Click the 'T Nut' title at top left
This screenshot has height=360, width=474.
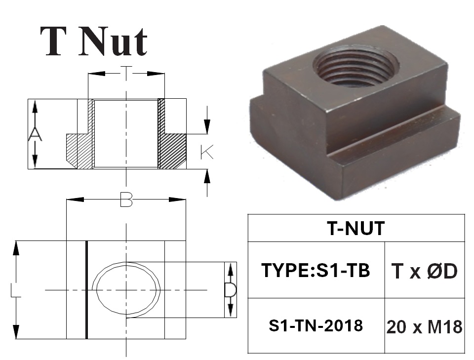pyautogui.click(x=94, y=41)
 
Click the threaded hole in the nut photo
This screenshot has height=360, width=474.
pyautogui.click(x=355, y=66)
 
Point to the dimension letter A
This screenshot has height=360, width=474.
pyautogui.click(x=35, y=134)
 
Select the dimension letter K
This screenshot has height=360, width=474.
pyautogui.click(x=207, y=152)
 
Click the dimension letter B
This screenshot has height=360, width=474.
pyautogui.click(x=126, y=200)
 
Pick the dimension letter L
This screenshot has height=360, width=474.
pyautogui.click(x=15, y=290)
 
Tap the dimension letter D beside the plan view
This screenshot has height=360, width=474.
pyautogui.click(x=231, y=290)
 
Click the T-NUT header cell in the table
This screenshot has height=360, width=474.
pyautogui.click(x=356, y=228)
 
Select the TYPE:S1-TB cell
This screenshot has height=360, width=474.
pyautogui.click(x=316, y=270)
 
